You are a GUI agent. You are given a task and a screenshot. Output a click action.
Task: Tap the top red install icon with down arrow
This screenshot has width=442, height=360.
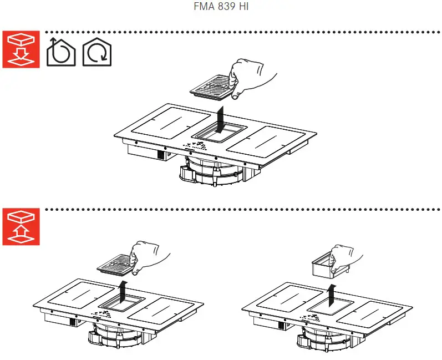coord(21,49)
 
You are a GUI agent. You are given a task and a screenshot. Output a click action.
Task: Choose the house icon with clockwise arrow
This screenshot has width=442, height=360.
coord(96,53)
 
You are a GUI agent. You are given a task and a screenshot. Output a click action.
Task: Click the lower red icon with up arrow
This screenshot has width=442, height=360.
coord(21,227)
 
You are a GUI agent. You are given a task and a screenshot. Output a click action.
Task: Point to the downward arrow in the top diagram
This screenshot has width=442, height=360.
coord(221,118)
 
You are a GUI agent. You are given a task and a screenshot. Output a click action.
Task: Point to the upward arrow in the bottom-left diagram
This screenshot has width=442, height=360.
coord(123,290)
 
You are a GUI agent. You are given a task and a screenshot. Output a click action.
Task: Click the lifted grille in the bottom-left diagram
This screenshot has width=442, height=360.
coord(115,268)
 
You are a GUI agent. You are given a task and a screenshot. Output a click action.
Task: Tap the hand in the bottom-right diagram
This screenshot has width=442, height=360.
coord(346,257)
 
